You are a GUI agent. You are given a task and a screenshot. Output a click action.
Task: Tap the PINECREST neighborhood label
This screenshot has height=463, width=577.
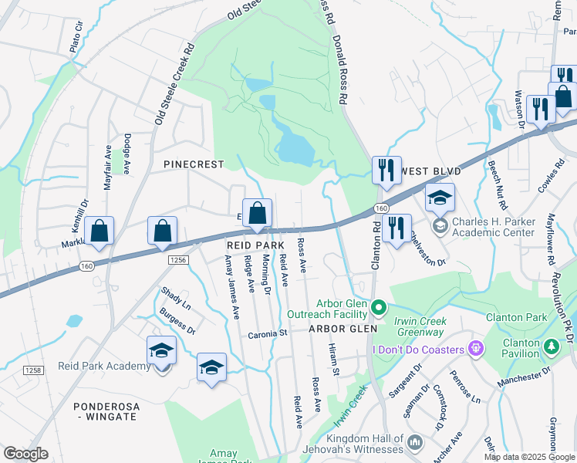coord(193,164)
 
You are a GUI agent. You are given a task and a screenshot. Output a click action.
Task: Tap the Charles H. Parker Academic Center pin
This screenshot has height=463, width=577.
coord(440,225)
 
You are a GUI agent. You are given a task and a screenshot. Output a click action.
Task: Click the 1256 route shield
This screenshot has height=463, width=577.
coord(177,261)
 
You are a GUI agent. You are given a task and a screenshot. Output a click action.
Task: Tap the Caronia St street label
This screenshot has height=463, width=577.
coord(268,334)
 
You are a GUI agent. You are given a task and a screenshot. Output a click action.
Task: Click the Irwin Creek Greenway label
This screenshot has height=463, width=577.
coord(421,326)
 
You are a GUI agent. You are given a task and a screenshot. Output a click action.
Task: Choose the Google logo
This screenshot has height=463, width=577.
coord(25,454)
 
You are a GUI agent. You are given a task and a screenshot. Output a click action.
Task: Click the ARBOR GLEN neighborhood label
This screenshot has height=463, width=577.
coord(342,329)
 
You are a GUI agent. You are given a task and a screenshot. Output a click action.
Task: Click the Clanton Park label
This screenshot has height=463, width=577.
coord(516,317)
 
